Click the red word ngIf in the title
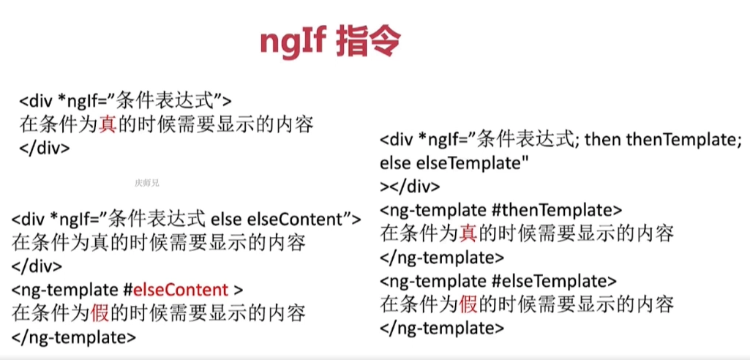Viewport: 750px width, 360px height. click(x=293, y=44)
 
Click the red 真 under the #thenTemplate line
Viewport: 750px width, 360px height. click(x=468, y=233)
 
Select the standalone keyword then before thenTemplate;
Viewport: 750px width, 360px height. click(x=601, y=140)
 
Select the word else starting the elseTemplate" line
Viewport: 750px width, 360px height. click(x=395, y=163)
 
